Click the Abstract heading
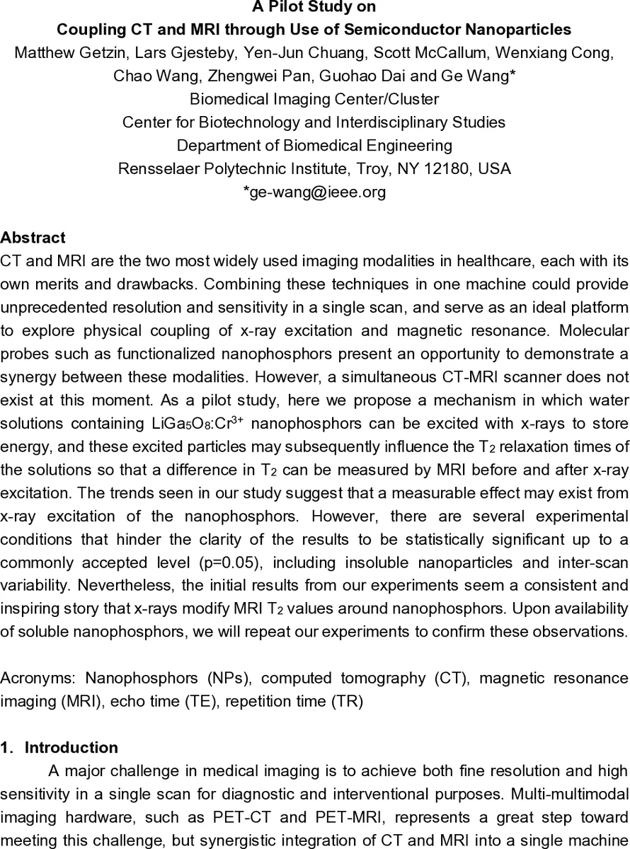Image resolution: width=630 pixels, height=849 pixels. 33,238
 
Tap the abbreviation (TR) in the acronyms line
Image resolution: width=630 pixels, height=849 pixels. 349,701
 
